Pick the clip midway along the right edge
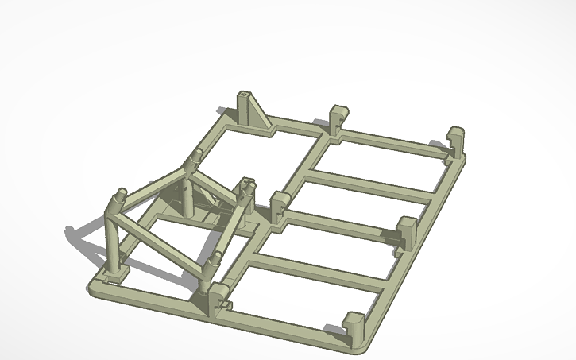(x=407, y=231)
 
